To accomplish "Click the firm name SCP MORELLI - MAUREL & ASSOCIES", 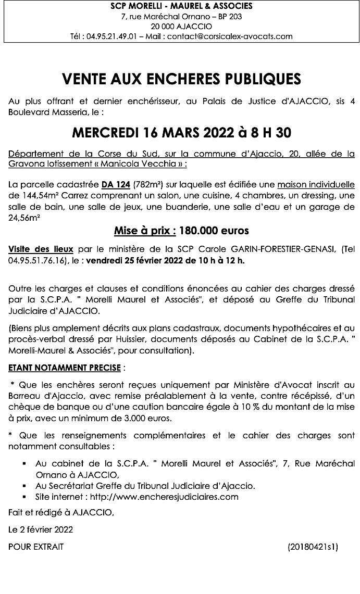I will (182, 6).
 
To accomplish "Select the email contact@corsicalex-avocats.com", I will (230, 36).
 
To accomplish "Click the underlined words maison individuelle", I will (316, 184).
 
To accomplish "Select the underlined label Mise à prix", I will (143, 230).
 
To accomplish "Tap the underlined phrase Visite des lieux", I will (41, 249).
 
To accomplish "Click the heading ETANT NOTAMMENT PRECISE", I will (65, 368).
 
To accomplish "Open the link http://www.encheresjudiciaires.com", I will (163, 497).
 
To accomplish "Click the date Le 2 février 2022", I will (41, 529).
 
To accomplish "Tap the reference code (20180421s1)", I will (313, 547).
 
